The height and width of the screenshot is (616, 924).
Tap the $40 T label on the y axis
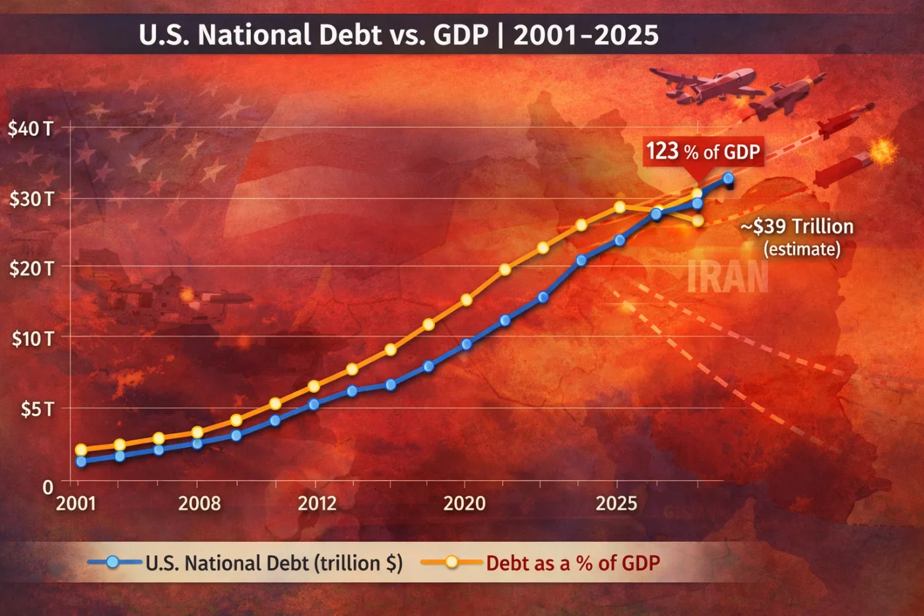pos(30,128)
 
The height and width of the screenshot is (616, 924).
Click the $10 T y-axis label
pos(32,339)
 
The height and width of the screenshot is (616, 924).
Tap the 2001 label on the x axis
pos(76,504)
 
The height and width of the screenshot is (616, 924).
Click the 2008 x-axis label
pos(199,504)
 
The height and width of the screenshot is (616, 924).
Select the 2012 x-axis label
pos(317,504)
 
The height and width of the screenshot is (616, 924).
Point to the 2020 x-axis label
pos(464,504)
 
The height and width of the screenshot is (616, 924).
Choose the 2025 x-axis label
pos(616,504)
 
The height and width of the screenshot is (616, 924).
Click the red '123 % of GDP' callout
pos(703,152)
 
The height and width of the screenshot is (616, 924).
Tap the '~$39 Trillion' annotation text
pos(797,227)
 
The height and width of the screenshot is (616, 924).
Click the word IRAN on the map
pos(727,277)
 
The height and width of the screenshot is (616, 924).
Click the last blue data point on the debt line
pos(728,178)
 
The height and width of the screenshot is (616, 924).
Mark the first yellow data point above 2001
pos(81,450)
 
